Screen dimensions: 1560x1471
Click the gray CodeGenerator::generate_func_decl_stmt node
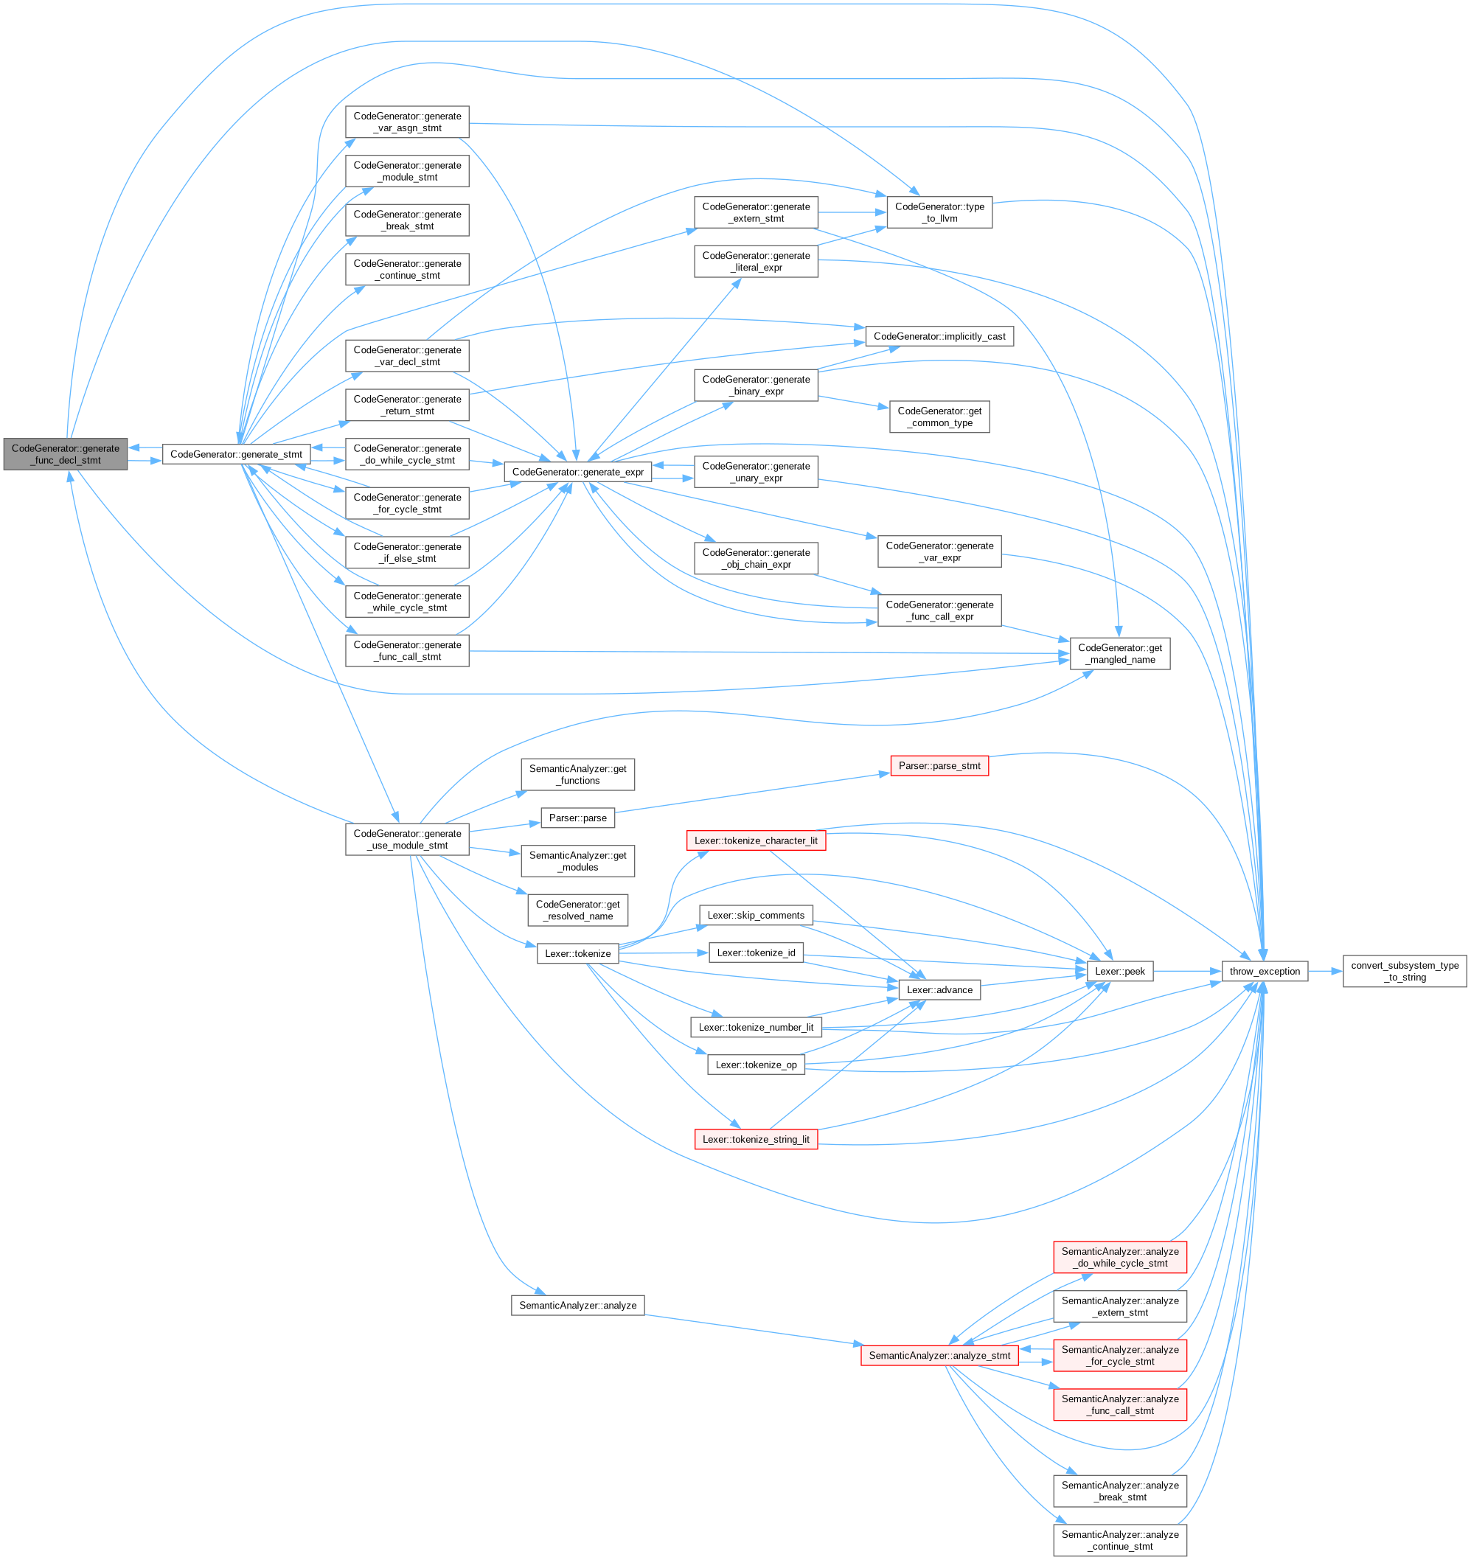65,454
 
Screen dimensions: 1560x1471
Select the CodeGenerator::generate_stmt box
235,454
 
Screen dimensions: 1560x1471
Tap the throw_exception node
1264,972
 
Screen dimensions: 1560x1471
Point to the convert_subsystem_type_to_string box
1405,972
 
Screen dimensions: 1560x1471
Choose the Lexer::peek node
1119,972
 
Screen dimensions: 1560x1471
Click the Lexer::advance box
939,990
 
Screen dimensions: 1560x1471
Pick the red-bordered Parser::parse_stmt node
939,766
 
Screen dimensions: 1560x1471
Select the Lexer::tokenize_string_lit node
755,1139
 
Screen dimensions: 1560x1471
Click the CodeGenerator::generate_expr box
578,473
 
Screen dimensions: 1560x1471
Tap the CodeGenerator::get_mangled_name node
1119,654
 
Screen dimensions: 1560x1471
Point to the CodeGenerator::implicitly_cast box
939,337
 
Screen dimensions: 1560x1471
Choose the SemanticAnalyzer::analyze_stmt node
939,1355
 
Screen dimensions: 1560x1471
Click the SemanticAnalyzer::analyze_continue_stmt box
1119,1540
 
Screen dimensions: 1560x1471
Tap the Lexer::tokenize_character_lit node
755,840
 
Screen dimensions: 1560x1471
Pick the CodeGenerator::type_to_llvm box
939,212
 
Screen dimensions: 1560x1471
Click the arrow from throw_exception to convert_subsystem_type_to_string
1325,972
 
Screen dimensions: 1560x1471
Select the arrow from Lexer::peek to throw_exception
1187,972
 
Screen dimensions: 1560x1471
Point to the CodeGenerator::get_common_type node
939,417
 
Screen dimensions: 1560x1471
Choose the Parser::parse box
578,818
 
